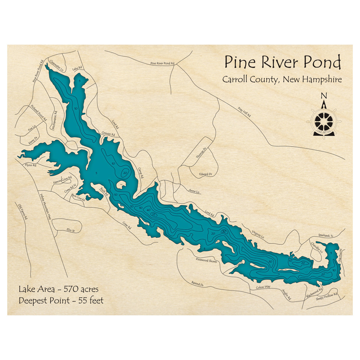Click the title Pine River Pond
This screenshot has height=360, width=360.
(x=283, y=63)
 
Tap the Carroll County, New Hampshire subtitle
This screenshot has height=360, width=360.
(x=282, y=80)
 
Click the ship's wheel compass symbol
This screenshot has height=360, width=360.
(x=324, y=121)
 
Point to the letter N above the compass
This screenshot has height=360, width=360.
(x=324, y=96)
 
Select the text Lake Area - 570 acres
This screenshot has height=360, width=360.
(x=59, y=289)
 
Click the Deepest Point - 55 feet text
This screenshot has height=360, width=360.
(x=61, y=300)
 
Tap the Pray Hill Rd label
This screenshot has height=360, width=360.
(x=244, y=112)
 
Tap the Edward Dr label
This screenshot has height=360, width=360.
(x=205, y=174)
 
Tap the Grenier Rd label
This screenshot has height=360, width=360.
(x=108, y=134)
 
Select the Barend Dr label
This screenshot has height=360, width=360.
(x=198, y=283)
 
